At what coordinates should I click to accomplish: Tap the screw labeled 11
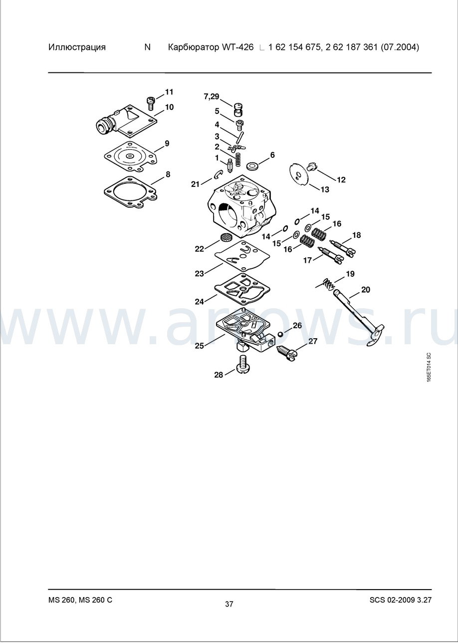tap(151, 104)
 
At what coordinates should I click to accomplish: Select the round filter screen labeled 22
tap(226, 237)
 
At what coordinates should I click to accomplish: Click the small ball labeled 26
tap(280, 334)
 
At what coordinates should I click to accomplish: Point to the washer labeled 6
tap(252, 166)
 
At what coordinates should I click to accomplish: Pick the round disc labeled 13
tap(299, 174)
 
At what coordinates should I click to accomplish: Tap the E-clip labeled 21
tap(219, 174)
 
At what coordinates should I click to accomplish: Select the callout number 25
tap(199, 346)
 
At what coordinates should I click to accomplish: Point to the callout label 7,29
tap(212, 96)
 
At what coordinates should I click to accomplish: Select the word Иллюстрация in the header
tap(77, 47)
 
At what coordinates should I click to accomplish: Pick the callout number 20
tap(366, 290)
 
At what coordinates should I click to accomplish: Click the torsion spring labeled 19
tap(326, 284)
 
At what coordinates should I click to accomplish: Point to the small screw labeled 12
tap(311, 166)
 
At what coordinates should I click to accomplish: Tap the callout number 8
tap(168, 174)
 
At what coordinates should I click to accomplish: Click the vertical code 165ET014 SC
tap(429, 367)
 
